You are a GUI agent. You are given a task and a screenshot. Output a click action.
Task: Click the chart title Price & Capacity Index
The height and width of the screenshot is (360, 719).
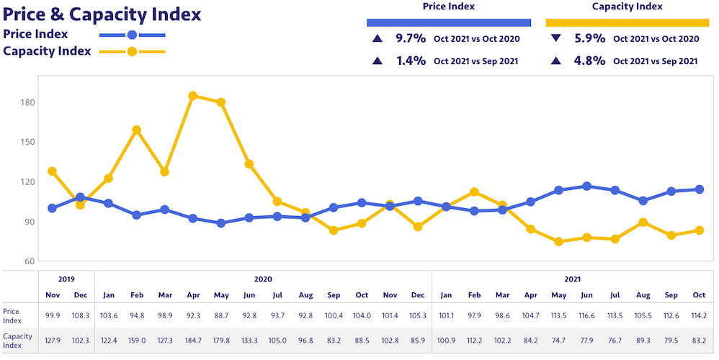tap(102, 14)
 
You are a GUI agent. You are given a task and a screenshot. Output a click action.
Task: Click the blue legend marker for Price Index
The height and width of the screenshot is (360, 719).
tap(132, 35)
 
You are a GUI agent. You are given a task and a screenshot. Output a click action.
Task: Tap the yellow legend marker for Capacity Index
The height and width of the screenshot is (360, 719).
tap(132, 52)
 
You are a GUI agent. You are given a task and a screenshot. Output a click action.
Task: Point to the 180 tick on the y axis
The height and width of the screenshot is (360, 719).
tap(28, 102)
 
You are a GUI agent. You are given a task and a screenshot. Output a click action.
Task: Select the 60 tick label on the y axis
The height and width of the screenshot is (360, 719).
tap(30, 261)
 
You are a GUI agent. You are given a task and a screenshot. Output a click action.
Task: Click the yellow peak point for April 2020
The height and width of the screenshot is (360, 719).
tap(192, 96)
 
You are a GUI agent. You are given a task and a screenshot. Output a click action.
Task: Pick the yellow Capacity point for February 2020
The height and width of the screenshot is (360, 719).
tap(136, 130)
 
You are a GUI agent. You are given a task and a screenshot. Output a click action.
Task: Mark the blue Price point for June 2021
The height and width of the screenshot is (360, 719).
tap(587, 186)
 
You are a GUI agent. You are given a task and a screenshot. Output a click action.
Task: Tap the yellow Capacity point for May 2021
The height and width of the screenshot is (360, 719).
tap(558, 242)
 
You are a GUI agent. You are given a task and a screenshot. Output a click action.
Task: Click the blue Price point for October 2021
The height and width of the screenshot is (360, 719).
tap(699, 189)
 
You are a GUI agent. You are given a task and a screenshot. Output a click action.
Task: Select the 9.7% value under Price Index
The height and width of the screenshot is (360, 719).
tap(411, 39)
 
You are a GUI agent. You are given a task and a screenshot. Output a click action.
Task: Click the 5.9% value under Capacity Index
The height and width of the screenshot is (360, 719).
tap(590, 39)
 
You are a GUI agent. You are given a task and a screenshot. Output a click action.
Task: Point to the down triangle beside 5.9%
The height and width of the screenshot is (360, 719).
tap(555, 39)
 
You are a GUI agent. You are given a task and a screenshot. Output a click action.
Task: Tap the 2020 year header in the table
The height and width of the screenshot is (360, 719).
tap(263, 279)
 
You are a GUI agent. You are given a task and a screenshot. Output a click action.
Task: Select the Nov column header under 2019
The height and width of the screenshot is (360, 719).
tap(52, 294)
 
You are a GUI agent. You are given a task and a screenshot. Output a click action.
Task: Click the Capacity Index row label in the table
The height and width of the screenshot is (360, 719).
tap(17, 340)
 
